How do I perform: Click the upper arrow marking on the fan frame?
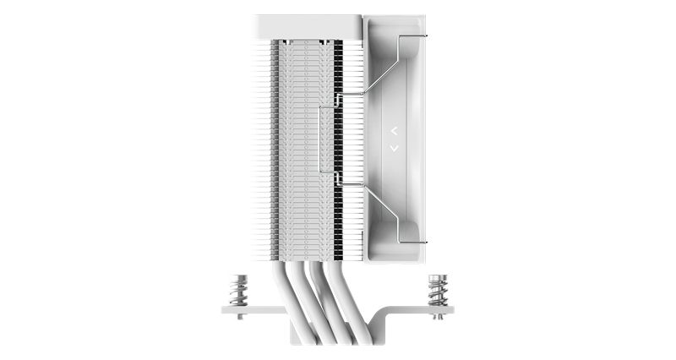[395, 131]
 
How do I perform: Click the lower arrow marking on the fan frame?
[395, 149]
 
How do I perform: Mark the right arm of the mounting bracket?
[422, 312]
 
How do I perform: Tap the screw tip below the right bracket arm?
[437, 320]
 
